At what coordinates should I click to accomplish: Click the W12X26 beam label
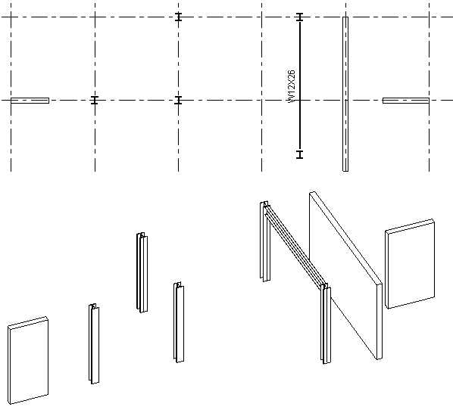point(292,86)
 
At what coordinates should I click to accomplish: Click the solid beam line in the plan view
point(300,85)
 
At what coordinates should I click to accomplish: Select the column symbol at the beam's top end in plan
point(300,17)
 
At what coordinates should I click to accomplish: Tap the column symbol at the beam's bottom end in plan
point(300,154)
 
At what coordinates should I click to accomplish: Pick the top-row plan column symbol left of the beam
point(179,17)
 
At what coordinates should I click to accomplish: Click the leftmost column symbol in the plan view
point(95,101)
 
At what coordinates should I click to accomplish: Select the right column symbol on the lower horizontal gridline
point(179,101)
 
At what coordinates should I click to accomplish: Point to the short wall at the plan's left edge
point(30,101)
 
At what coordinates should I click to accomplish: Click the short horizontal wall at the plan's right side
point(406,101)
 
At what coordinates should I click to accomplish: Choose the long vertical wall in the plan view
point(345,94)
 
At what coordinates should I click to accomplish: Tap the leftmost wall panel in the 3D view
point(28,361)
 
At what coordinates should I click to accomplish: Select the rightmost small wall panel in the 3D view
point(410,264)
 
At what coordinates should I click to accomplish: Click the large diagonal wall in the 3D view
point(346,275)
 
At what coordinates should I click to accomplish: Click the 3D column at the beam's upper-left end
point(264,241)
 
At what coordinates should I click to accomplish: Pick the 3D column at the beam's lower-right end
point(326,324)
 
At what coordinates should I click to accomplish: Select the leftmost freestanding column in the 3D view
point(94,343)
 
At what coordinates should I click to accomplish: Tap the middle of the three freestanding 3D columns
point(142,272)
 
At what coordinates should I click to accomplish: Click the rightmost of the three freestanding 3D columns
point(179,322)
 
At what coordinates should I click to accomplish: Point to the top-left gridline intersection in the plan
point(11,17)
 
